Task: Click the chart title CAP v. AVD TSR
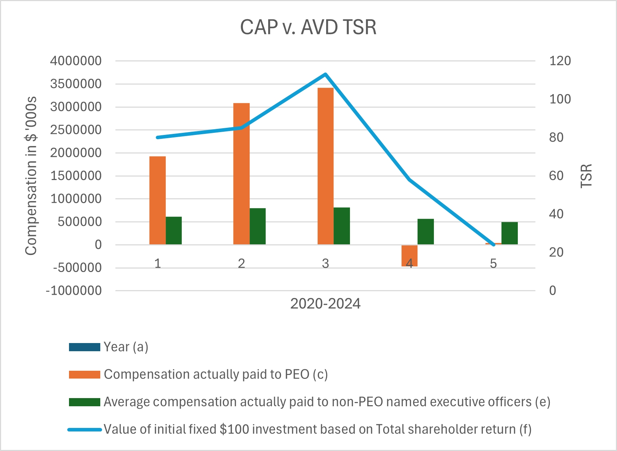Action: point(308,27)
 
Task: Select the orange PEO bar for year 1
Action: point(158,200)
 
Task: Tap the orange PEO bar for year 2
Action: point(241,174)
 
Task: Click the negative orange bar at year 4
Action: point(409,255)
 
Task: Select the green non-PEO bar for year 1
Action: point(174,230)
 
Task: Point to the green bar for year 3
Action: point(342,226)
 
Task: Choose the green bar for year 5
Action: point(510,233)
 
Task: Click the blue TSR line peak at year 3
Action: point(325,74)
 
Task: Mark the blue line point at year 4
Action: point(410,179)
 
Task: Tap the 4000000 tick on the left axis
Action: point(76,61)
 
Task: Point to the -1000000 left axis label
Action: point(74,291)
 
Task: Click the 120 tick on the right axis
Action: point(560,61)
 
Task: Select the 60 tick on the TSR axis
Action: point(556,176)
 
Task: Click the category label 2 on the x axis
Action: point(241,263)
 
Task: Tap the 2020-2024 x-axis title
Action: point(325,304)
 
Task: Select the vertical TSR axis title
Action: point(586,176)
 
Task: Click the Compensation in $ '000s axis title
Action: point(31,176)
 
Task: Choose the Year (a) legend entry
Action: point(126,347)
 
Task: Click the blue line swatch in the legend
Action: point(85,430)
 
